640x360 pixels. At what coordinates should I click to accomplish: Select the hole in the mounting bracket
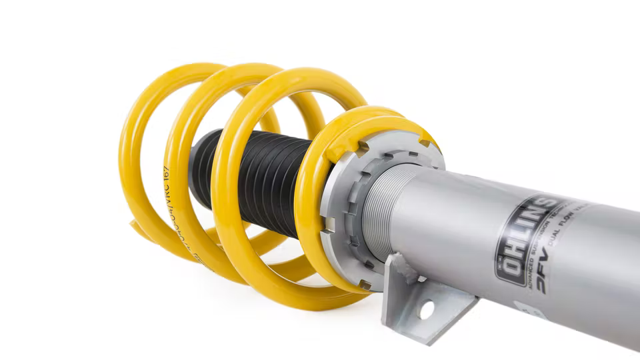(x=425, y=309)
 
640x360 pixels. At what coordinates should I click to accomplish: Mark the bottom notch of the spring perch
(x=363, y=285)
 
